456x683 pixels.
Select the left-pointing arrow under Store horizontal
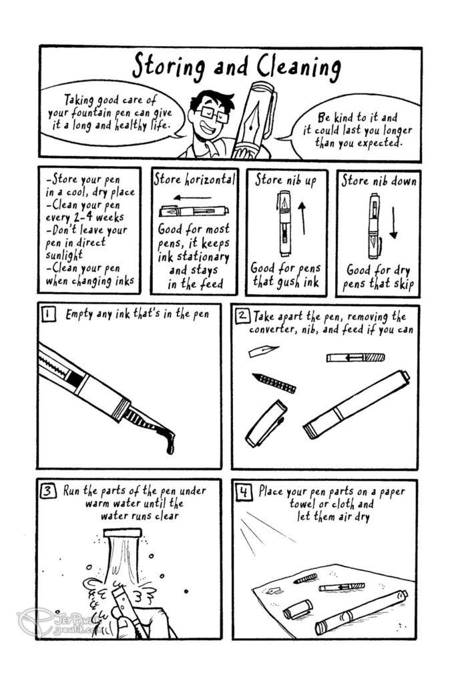coord(192,199)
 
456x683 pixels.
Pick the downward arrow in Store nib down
coord(393,223)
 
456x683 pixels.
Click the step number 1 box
coord(48,314)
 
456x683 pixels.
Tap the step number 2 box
coord(242,315)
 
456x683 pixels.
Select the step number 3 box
coord(48,492)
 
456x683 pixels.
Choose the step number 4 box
coord(244,492)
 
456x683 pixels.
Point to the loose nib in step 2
coord(263,351)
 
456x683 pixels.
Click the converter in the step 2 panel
coord(355,358)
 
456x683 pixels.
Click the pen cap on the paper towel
coord(298,609)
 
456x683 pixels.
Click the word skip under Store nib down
coord(403,284)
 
